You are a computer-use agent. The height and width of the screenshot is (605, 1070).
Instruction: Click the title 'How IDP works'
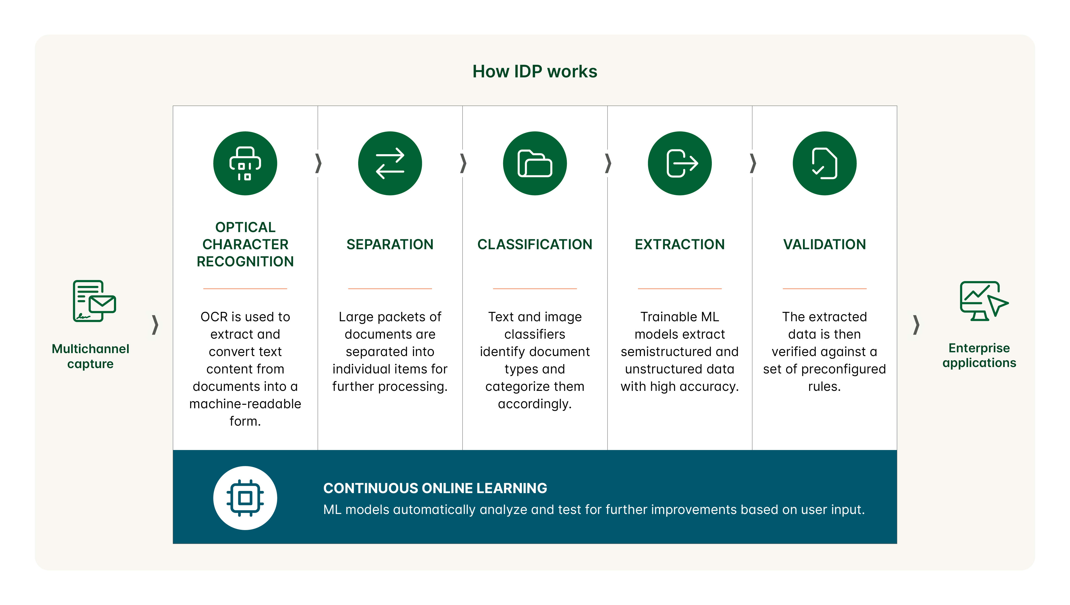[x=534, y=71]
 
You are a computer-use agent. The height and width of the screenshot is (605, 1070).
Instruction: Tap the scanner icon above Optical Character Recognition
[x=245, y=163]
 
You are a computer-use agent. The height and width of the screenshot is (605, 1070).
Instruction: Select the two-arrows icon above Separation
[x=390, y=163]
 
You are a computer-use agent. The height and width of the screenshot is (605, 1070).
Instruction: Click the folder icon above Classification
[x=534, y=163]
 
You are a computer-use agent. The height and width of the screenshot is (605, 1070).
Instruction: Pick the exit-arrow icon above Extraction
[x=679, y=163]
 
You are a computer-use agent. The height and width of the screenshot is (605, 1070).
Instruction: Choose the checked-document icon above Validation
[x=824, y=163]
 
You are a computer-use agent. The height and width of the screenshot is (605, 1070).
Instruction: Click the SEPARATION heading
[x=390, y=244]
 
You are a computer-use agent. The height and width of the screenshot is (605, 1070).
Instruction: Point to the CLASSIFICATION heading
[x=534, y=244]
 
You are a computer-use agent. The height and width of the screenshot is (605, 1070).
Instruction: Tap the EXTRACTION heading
[x=679, y=244]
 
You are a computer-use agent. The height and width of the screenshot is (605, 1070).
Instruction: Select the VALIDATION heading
[x=824, y=244]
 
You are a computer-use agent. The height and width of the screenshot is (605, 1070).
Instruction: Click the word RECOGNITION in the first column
[x=245, y=262]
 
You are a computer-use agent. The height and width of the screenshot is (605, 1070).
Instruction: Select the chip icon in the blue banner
[x=245, y=498]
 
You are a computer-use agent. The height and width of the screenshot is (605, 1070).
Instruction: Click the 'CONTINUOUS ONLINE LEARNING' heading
[x=435, y=488]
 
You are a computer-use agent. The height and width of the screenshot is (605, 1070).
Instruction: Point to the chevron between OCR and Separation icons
[x=318, y=163]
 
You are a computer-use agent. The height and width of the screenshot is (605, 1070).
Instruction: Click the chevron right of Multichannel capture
[x=155, y=325]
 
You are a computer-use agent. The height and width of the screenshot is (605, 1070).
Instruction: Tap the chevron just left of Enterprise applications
[x=916, y=325]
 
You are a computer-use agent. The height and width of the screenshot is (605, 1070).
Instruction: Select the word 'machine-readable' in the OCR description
[x=245, y=404]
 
